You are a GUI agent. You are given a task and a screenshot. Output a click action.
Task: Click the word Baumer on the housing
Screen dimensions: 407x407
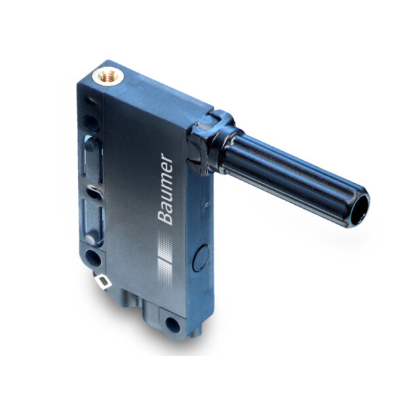pyautogui.click(x=166, y=189)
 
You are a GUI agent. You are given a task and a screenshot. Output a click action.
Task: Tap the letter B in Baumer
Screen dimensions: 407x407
pyautogui.click(x=166, y=216)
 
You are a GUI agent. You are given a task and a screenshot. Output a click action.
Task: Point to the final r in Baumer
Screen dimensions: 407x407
pyautogui.click(x=167, y=159)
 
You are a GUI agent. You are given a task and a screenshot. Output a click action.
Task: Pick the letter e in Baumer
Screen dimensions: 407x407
pyautogui.click(x=166, y=170)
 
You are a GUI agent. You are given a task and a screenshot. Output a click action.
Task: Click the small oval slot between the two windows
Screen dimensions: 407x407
pyautogui.click(x=93, y=191)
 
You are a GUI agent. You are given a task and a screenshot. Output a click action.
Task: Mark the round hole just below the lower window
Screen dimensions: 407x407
pyautogui.click(x=91, y=256)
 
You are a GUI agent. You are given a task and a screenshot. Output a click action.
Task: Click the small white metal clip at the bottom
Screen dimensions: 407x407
pyautogui.click(x=104, y=279)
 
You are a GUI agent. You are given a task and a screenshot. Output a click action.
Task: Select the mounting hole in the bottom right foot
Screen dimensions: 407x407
pyautogui.click(x=172, y=325)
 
